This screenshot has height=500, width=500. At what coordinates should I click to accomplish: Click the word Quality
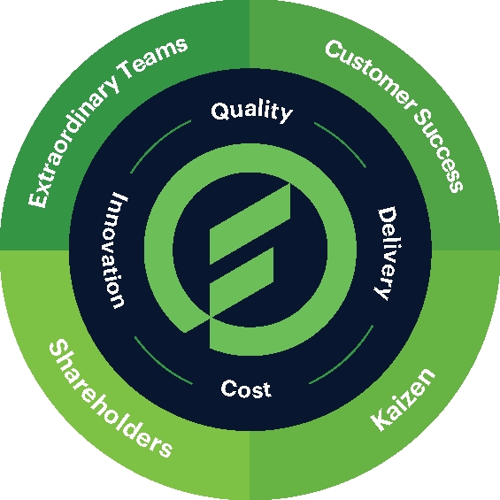tap(251, 112)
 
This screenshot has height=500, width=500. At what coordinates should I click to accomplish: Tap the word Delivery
tap(387, 253)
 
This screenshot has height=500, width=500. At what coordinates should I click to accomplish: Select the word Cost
tap(246, 388)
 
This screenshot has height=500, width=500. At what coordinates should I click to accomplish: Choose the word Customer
tap(370, 73)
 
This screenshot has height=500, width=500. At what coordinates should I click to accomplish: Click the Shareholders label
tap(110, 398)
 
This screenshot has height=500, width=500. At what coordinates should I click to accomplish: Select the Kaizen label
tap(403, 399)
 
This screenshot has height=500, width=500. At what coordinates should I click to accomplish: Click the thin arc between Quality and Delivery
tap(342, 142)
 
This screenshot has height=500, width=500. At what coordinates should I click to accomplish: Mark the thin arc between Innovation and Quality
tap(158, 144)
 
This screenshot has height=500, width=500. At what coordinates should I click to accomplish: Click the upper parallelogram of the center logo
tap(250, 224)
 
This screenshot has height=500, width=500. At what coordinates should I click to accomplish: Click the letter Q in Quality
tap(219, 111)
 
